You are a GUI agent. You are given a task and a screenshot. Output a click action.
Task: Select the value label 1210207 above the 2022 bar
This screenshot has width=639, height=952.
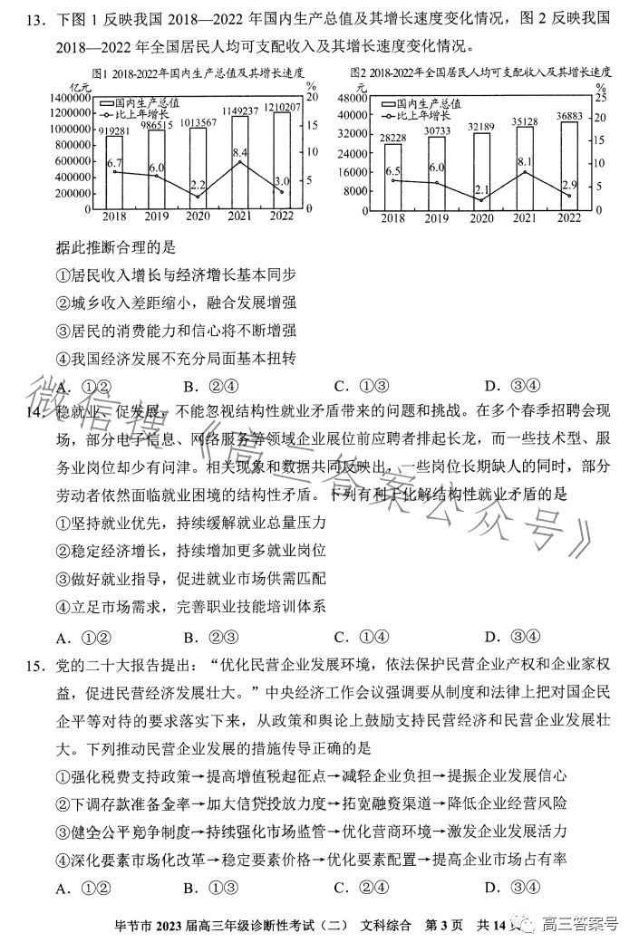tap(282, 106)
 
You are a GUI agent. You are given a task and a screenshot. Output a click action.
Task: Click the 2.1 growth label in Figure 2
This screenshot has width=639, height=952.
tap(481, 190)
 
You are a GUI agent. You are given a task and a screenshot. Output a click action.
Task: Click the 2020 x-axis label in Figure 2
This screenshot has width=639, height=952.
tap(480, 219)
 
